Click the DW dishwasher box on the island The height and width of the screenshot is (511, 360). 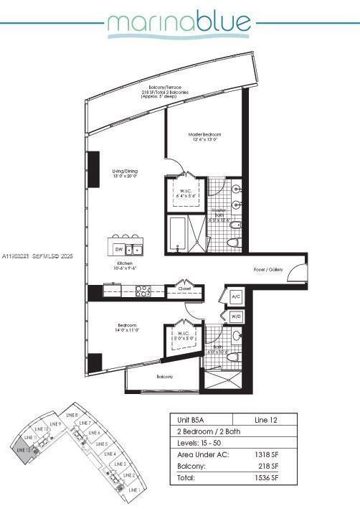pyautogui.click(x=118, y=249)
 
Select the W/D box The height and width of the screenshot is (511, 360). pyautogui.click(x=236, y=316)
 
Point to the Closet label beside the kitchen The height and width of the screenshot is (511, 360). pyautogui.click(x=183, y=291)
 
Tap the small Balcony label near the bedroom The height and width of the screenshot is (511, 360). pyautogui.click(x=166, y=376)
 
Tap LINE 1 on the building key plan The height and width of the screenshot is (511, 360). pyautogui.click(x=133, y=489)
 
